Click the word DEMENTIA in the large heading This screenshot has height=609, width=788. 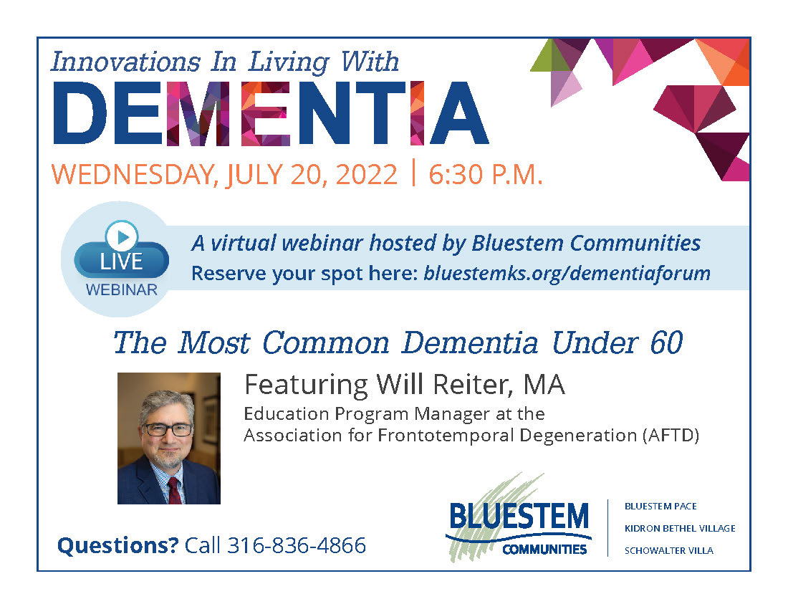[x=271, y=113]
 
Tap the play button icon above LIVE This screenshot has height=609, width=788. [x=122, y=236]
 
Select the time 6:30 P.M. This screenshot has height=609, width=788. [x=486, y=174]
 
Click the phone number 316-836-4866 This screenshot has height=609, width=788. [x=297, y=545]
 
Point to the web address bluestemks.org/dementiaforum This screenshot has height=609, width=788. [x=567, y=274]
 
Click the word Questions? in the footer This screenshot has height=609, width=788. [x=118, y=545]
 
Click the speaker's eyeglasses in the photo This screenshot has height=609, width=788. [x=168, y=430]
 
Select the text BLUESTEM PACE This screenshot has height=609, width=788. [x=660, y=507]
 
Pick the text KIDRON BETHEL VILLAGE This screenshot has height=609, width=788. [x=680, y=529]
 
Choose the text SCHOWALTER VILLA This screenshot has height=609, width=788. [x=669, y=551]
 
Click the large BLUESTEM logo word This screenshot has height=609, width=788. [x=519, y=516]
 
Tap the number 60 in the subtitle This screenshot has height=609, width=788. [x=666, y=342]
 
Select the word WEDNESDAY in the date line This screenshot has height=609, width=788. [x=135, y=174]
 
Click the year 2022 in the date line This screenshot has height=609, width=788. [x=366, y=174]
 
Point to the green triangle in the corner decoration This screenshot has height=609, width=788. [x=551, y=55]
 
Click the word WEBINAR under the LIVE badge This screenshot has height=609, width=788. [x=122, y=289]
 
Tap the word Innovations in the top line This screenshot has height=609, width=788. [x=125, y=62]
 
